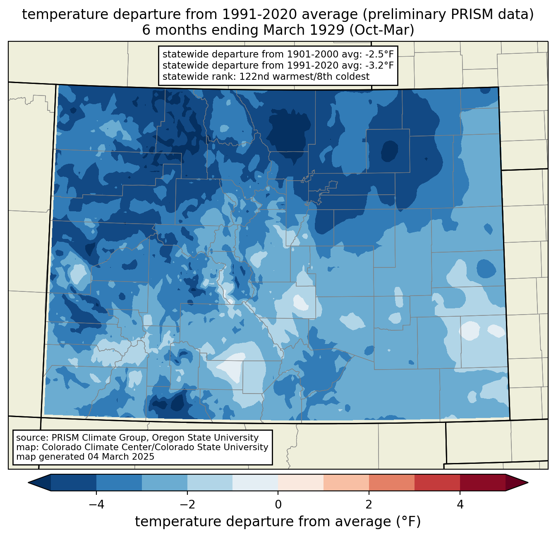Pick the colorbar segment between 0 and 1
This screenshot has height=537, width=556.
point(301,482)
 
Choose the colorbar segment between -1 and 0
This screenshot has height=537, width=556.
point(255,482)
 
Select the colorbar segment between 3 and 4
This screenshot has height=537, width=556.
point(437,482)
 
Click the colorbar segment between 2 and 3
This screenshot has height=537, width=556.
point(392,482)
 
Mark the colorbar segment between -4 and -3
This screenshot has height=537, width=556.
point(119,482)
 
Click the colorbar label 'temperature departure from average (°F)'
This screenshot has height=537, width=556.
point(278,522)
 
